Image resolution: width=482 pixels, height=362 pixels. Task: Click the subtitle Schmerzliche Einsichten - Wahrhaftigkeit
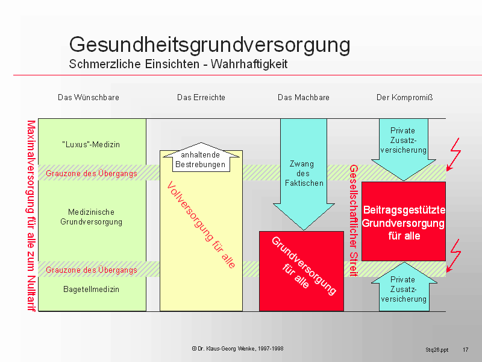coord(178,64)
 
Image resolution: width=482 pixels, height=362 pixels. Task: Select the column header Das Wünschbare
coord(89,98)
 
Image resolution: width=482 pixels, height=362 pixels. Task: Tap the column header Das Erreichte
coord(201,98)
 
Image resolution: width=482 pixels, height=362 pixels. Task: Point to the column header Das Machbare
coord(304,98)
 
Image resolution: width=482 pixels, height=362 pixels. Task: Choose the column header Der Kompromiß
coord(404,98)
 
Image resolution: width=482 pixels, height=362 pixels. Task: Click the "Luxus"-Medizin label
coord(91,144)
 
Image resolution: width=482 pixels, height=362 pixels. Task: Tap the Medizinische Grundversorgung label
coord(92,217)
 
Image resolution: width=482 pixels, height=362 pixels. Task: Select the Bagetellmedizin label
coord(92,290)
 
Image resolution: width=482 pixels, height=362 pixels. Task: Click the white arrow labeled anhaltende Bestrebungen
coord(201,157)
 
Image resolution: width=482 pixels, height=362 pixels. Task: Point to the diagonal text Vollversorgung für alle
coord(201,224)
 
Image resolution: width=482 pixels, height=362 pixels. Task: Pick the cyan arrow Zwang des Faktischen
coord(304,174)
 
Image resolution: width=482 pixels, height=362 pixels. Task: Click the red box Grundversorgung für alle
coord(302,271)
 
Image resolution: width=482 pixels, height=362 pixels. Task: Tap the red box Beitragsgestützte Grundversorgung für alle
coord(404,221)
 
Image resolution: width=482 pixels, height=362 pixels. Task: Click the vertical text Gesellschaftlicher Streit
coord(354,220)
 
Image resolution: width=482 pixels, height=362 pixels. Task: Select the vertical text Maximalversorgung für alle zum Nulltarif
coord(31,215)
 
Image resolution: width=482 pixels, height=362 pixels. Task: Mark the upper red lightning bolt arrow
coord(454,154)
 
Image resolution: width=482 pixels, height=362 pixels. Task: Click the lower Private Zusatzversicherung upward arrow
coord(404,287)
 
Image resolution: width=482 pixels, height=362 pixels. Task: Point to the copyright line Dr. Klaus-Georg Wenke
coord(237,349)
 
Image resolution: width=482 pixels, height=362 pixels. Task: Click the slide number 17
coord(465,350)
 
